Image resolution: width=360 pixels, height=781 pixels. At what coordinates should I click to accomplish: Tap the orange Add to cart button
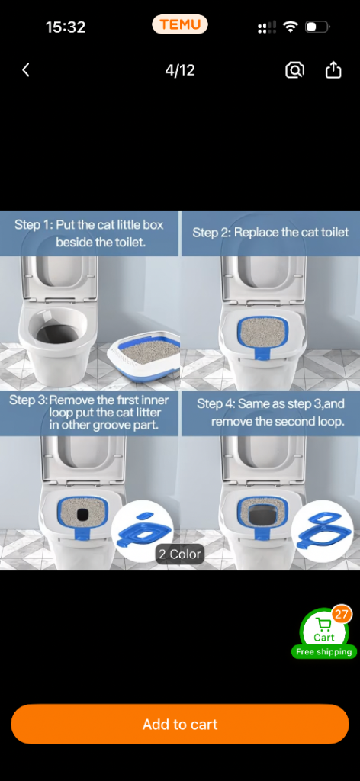pos(180,724)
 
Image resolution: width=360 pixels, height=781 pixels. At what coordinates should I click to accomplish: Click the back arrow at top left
pos(26,70)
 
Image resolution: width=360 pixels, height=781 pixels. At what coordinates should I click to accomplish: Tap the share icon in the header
pos(333,69)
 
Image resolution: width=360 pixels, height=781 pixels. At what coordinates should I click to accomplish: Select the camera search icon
pos(294,70)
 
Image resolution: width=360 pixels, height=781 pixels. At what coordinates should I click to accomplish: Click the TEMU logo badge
pos(180,24)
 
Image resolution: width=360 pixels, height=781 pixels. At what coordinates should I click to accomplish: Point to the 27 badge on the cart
pos(341,615)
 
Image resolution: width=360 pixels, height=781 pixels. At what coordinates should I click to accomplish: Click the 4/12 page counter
pos(180,70)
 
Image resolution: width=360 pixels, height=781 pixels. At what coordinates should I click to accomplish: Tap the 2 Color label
pos(180,554)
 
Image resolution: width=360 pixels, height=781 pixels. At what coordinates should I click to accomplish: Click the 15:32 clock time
pos(66,27)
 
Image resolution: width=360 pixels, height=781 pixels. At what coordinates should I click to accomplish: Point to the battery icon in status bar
pos(317,27)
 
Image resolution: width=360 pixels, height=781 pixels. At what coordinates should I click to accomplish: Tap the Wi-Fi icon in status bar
pos(290,27)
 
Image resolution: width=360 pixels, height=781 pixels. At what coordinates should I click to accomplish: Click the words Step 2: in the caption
pos(211,233)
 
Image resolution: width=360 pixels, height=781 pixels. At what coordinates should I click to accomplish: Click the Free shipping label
pos(324,651)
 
